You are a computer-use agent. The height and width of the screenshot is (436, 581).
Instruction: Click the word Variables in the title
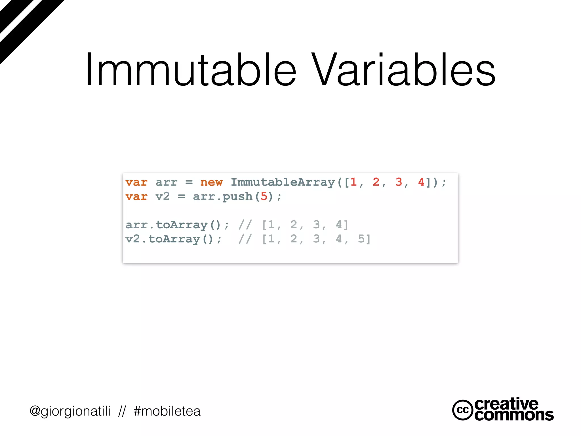(x=403, y=70)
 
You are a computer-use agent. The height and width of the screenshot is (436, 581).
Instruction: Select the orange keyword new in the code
(x=211, y=182)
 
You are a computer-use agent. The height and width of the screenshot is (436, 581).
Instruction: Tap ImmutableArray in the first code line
(x=283, y=182)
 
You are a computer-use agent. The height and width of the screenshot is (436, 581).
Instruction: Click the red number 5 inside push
(x=264, y=196)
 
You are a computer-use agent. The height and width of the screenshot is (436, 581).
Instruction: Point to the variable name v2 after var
(x=163, y=196)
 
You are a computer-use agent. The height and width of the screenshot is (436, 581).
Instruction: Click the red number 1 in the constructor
(x=353, y=182)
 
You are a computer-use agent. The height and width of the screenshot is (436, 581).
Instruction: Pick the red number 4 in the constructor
(x=421, y=182)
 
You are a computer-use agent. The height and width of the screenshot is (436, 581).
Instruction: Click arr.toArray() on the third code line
(x=173, y=225)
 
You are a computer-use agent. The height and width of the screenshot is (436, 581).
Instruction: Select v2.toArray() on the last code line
(x=169, y=239)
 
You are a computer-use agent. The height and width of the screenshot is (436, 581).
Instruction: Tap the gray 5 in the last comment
(x=361, y=239)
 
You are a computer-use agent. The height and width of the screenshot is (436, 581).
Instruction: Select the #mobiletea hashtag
(x=167, y=411)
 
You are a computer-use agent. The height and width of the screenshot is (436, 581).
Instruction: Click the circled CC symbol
(x=462, y=410)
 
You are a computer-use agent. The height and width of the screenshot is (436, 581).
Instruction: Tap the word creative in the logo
(x=506, y=404)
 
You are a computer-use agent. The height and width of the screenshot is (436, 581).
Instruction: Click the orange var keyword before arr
(x=136, y=182)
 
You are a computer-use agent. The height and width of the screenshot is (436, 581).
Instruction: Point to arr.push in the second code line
(x=223, y=196)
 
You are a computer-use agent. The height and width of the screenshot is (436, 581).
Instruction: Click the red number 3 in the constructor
(x=399, y=182)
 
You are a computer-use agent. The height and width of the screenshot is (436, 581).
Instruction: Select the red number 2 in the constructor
(x=376, y=182)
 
